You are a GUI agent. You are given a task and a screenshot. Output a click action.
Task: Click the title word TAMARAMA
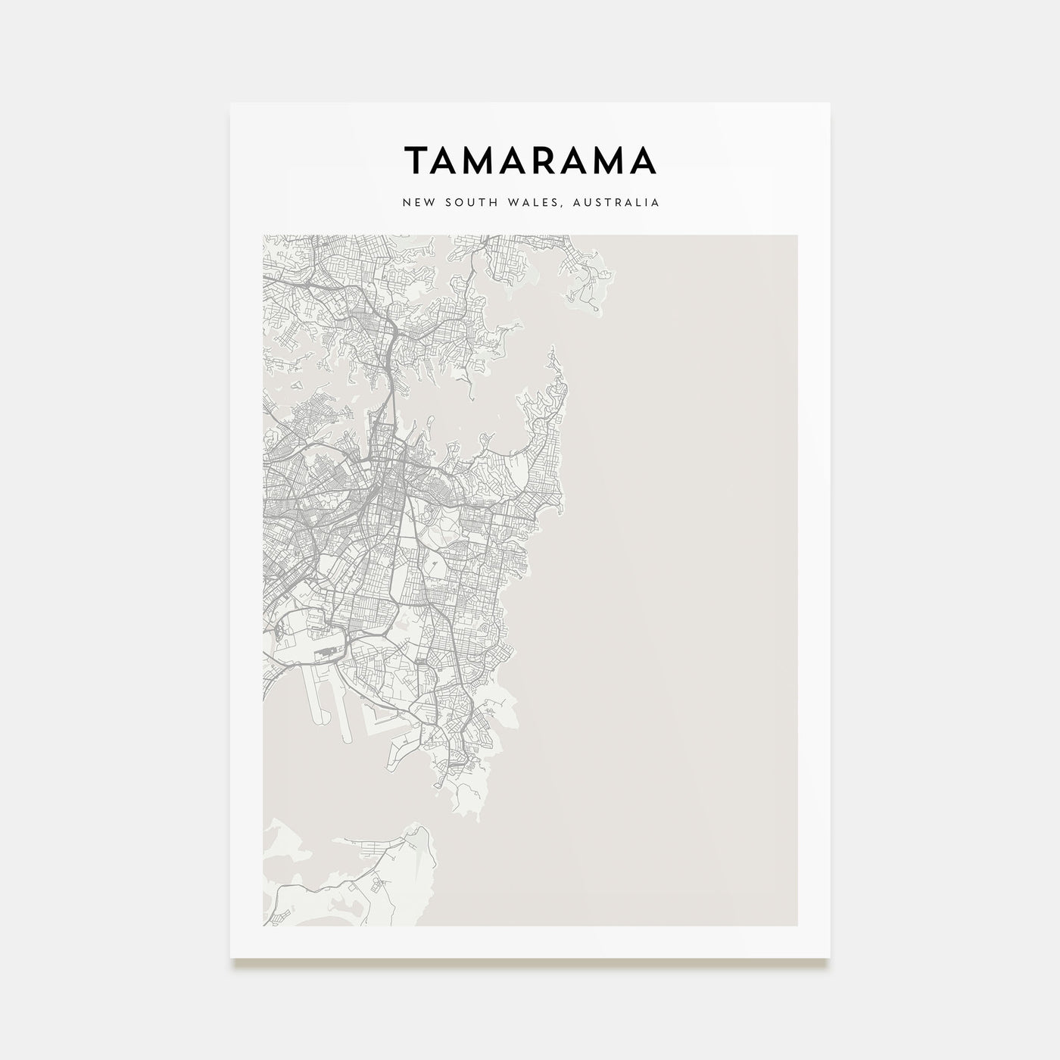[530, 161]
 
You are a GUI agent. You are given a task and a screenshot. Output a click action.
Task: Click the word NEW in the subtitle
[417, 203]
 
